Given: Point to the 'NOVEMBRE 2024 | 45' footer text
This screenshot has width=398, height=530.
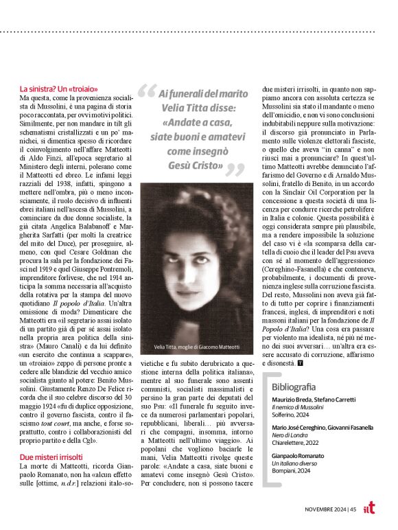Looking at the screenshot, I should tap(331, 509).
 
